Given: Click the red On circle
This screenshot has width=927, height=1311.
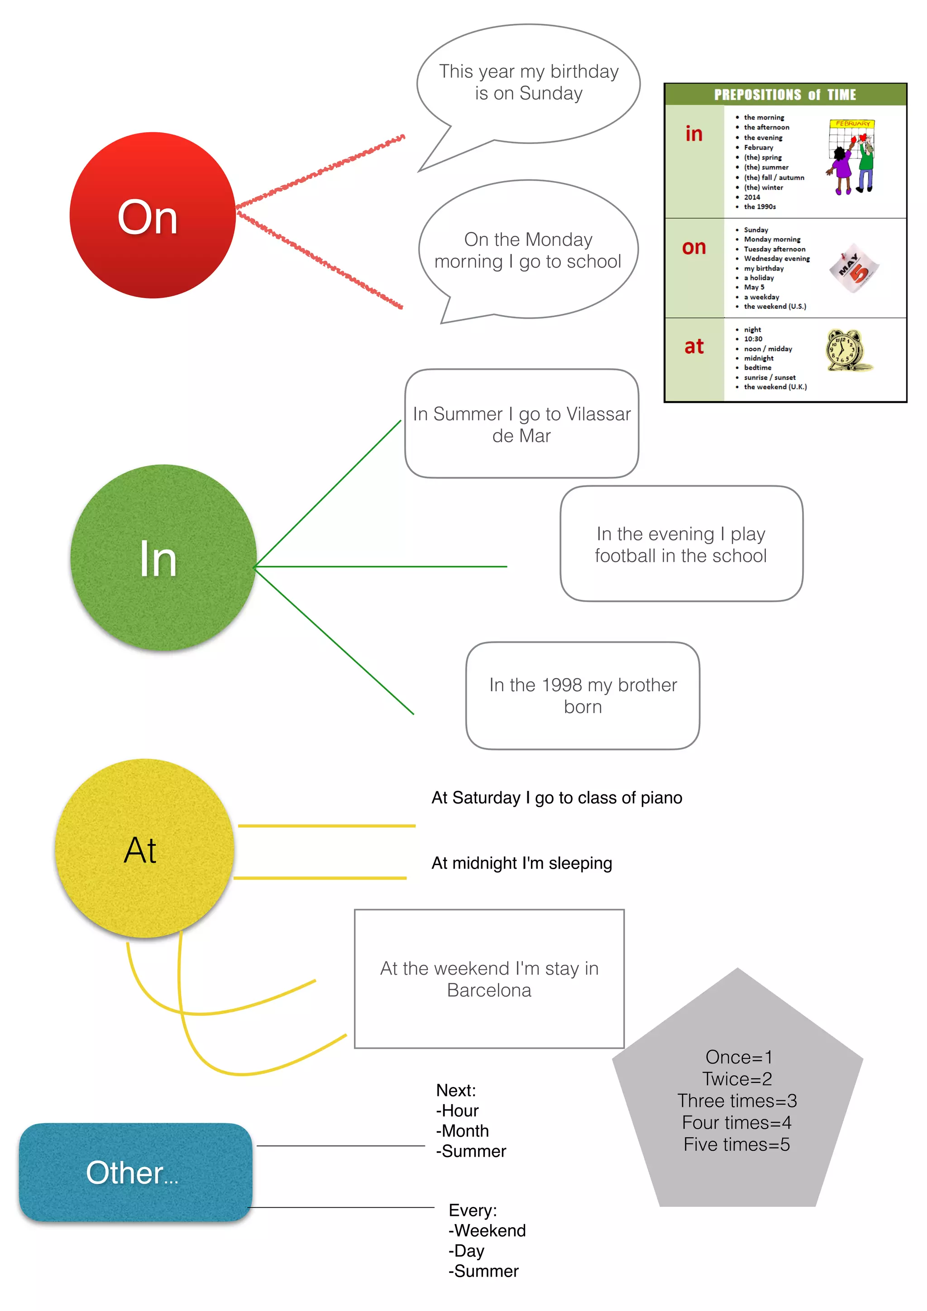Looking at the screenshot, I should point(153,215).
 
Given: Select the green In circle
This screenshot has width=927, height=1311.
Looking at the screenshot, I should point(163,558).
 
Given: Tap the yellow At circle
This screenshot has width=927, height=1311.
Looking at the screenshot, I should point(144,848).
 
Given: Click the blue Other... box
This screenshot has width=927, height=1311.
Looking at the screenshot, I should point(135,1172).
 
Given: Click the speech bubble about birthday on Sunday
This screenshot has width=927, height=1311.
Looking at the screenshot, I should point(529,83).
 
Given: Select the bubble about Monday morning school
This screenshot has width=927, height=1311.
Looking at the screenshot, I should point(528,250).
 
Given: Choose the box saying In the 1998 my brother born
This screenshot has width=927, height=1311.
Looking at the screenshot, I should point(583,695).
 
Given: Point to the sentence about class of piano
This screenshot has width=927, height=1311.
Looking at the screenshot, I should point(557,798).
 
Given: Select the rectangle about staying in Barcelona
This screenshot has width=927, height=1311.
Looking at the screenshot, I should point(489,979).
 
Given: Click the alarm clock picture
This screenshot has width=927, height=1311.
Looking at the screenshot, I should point(848,350).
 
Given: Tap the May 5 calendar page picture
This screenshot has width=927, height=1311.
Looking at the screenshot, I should point(854,268).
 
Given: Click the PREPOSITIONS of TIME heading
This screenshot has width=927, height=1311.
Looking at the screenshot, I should point(785,95).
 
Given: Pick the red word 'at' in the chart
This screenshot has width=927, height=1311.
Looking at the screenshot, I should point(693,346).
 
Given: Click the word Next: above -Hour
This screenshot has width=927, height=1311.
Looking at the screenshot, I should point(455,1090).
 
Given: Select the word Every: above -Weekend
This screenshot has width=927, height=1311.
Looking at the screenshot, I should point(473,1210).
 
